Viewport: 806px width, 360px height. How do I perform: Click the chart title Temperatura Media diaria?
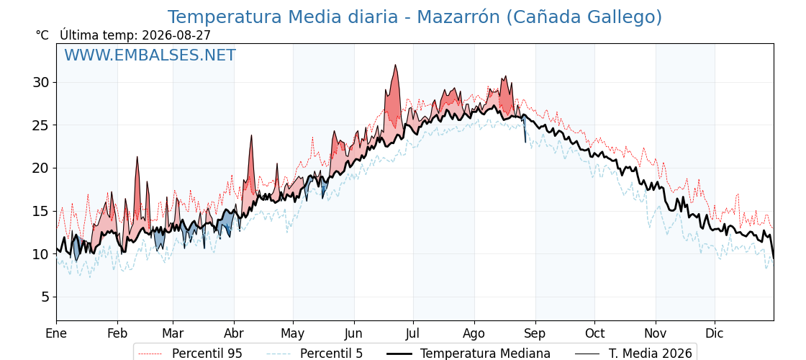(x=283, y=17)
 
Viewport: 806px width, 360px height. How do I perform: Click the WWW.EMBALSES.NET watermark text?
(x=150, y=55)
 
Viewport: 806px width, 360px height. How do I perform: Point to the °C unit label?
(x=42, y=35)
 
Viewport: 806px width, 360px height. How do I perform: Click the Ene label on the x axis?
(x=57, y=333)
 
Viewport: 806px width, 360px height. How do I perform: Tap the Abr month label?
(x=234, y=333)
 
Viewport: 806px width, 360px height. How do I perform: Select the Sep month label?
(x=535, y=333)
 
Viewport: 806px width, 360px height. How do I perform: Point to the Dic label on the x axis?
(x=715, y=333)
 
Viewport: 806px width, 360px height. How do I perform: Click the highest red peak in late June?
(x=395, y=65)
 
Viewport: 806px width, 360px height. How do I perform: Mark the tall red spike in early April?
(x=252, y=136)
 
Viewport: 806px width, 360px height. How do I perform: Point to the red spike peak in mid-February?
(x=137, y=157)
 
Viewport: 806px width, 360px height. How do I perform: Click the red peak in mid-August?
(x=506, y=76)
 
